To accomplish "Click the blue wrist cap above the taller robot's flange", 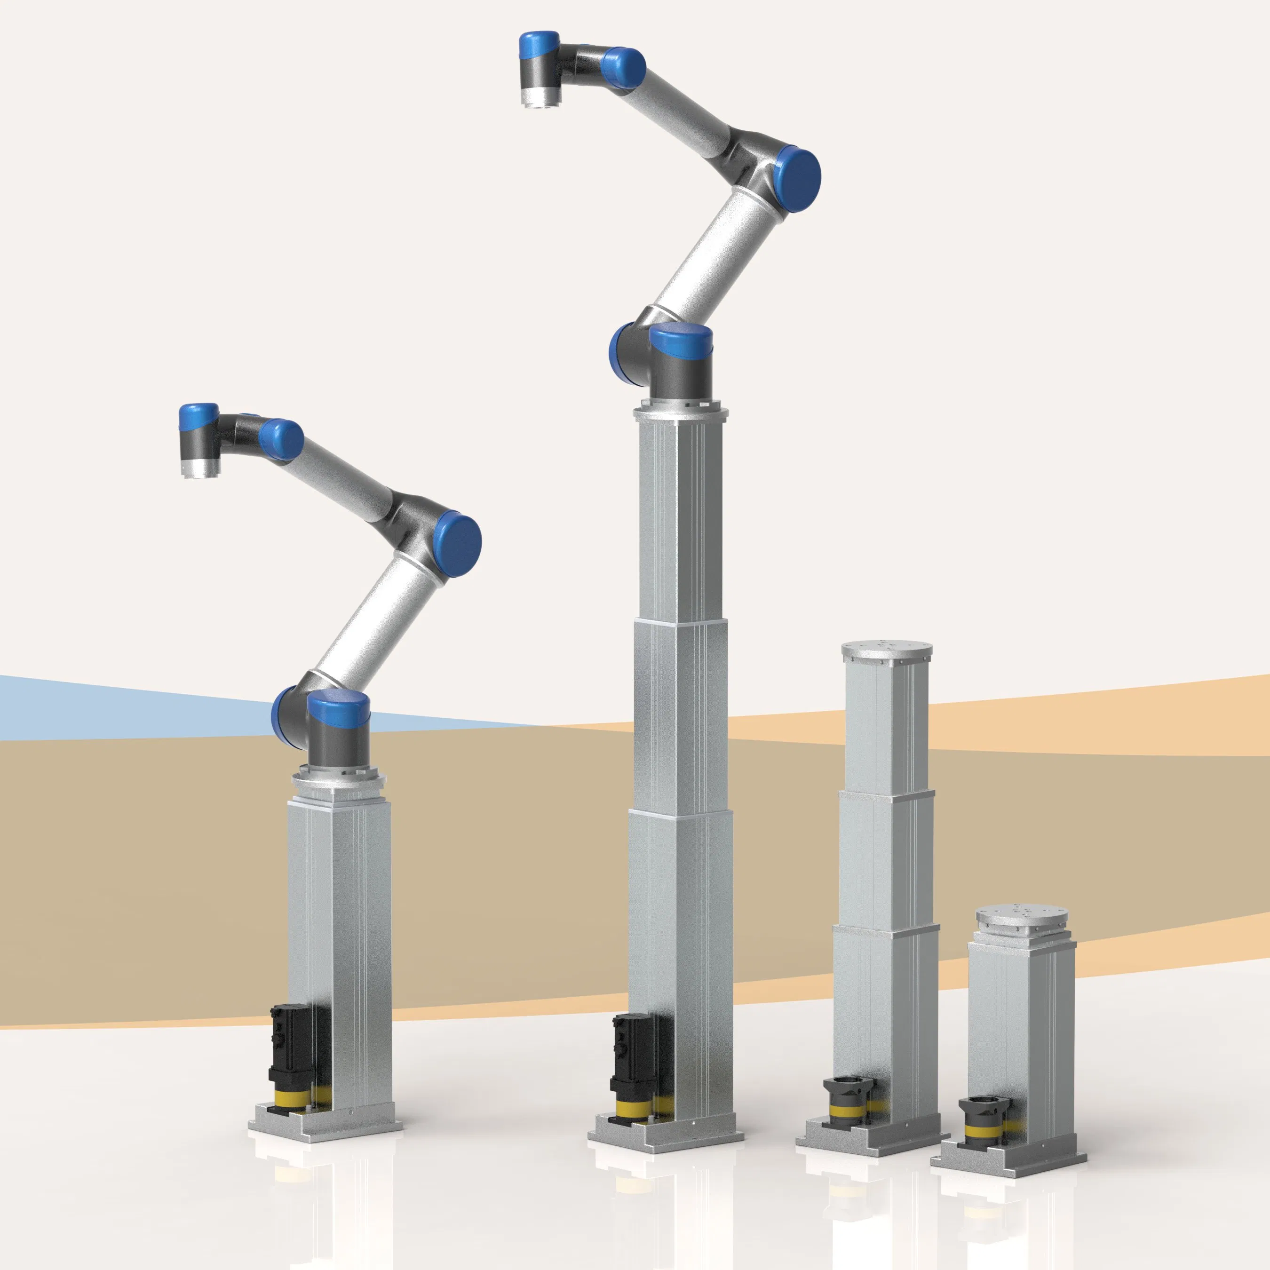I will [x=539, y=46].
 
